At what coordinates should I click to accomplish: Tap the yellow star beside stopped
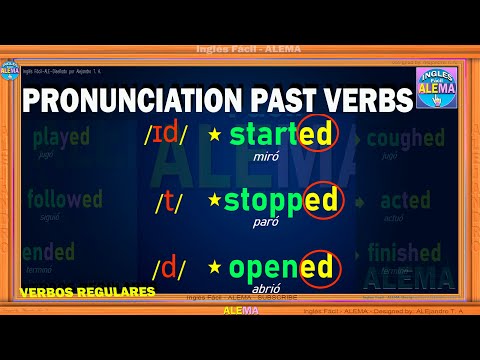click(x=213, y=201)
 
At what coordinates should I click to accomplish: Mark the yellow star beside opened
click(x=213, y=268)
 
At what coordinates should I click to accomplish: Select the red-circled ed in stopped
click(x=319, y=201)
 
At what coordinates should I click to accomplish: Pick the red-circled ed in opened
click(x=315, y=268)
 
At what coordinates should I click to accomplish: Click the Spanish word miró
click(x=265, y=157)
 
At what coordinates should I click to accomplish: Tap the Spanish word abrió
click(x=265, y=290)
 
